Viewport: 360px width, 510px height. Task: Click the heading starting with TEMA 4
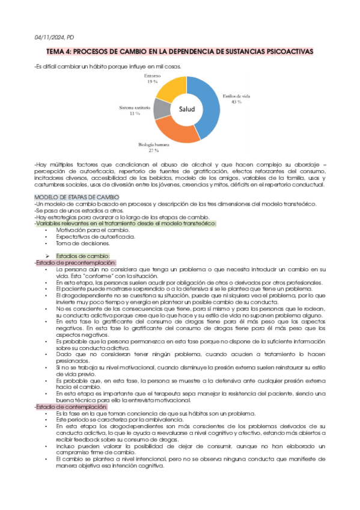[180, 52]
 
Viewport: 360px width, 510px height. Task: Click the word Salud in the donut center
[183, 109]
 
